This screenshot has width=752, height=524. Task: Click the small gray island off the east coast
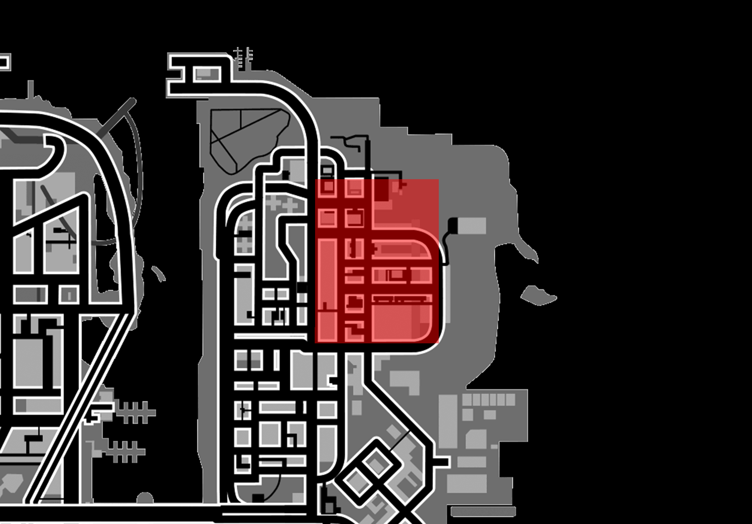click(x=538, y=296)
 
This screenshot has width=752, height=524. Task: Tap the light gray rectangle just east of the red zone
click(x=472, y=226)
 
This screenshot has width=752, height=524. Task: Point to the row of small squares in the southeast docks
click(x=488, y=400)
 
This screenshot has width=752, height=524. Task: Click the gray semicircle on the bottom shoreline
click(x=145, y=498)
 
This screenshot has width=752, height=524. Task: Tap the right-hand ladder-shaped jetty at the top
click(x=249, y=56)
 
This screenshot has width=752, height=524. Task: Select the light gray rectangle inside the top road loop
click(x=206, y=74)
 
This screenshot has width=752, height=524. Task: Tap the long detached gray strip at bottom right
click(x=483, y=511)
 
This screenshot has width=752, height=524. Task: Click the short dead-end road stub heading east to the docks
click(x=441, y=462)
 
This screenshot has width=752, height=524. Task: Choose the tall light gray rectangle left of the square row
click(x=448, y=421)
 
